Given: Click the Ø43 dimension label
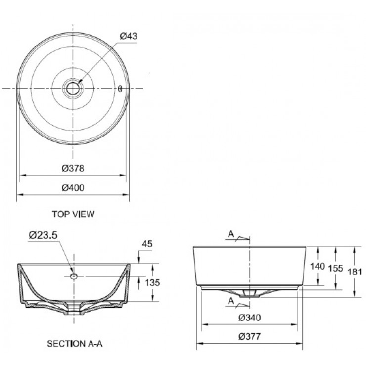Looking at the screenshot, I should (128, 36).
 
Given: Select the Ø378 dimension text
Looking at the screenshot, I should (73, 168).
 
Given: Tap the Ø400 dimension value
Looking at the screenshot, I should (73, 187).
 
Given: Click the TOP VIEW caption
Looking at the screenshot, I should (73, 214).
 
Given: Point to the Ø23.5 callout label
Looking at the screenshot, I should (43, 236).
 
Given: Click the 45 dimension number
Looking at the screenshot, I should (146, 243).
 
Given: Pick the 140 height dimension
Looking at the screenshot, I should (317, 266).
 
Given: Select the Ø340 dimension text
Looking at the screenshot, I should (249, 318).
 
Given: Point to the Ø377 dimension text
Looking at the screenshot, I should (249, 337).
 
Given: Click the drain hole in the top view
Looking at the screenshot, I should (73, 89).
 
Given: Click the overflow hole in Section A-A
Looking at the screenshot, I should (74, 276).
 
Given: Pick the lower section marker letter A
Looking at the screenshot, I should (231, 301).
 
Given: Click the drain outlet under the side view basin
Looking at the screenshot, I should (249, 293).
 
